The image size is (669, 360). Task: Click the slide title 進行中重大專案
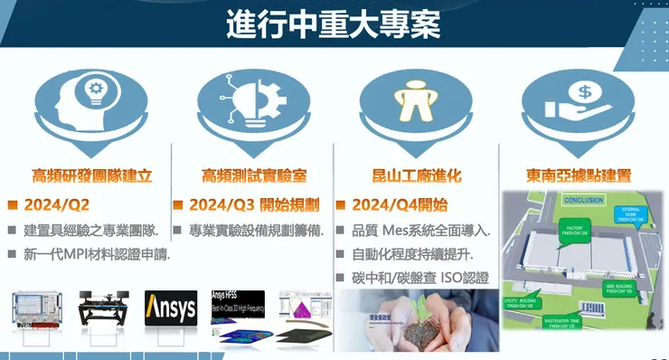tap(334, 25)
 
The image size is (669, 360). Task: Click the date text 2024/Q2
tap(61, 205)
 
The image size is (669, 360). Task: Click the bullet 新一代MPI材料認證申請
tap(98, 254)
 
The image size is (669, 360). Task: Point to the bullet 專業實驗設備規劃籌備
tap(259, 231)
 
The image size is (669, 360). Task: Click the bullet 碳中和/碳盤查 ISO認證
tap(419, 278)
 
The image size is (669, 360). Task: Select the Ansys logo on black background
tap(171, 308)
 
